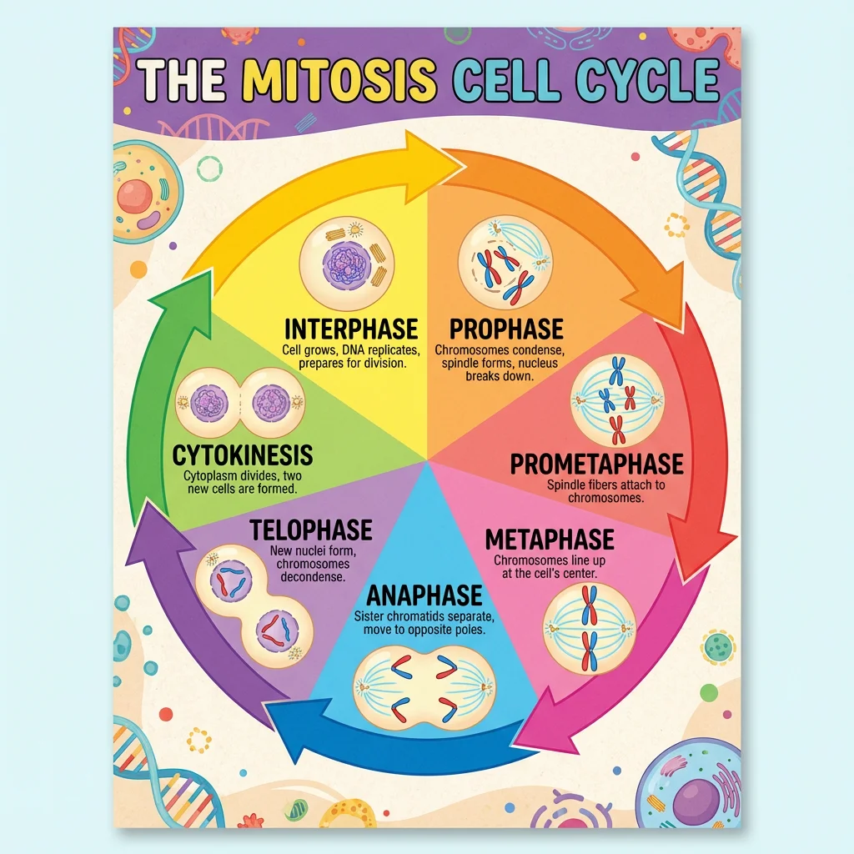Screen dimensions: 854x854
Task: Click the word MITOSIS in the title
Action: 344,80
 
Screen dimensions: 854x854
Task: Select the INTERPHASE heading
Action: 351,328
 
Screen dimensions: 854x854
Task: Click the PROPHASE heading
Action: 506,328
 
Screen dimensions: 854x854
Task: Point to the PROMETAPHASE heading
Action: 596,464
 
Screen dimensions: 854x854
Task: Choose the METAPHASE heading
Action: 550,539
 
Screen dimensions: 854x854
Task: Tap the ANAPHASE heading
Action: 424,595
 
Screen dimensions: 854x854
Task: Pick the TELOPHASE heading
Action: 310,529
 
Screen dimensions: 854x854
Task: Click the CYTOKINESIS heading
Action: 243,455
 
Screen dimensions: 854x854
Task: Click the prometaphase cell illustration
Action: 617,400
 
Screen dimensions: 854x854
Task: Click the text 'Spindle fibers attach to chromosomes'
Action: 595,490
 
